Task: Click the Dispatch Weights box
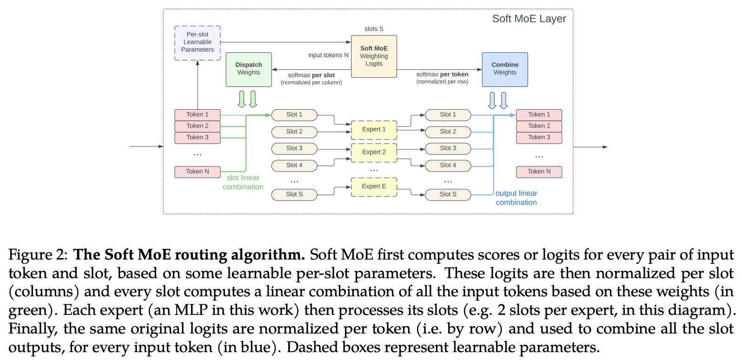click(249, 70)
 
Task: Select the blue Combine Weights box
click(505, 70)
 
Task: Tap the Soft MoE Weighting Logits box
click(374, 56)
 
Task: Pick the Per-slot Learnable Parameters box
click(198, 43)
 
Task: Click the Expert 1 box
click(374, 130)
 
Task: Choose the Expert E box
click(374, 187)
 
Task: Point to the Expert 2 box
click(374, 153)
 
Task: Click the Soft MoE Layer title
click(529, 19)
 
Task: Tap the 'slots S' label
click(374, 29)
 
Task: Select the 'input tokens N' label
click(328, 55)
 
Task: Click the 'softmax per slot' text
click(311, 75)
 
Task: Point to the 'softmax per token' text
click(442, 74)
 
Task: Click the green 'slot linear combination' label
click(243, 182)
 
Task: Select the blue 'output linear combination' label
click(516, 198)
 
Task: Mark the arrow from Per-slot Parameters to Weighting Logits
click(286, 42)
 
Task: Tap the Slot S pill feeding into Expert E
click(294, 194)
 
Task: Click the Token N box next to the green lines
click(198, 172)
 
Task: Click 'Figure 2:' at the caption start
click(38, 255)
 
